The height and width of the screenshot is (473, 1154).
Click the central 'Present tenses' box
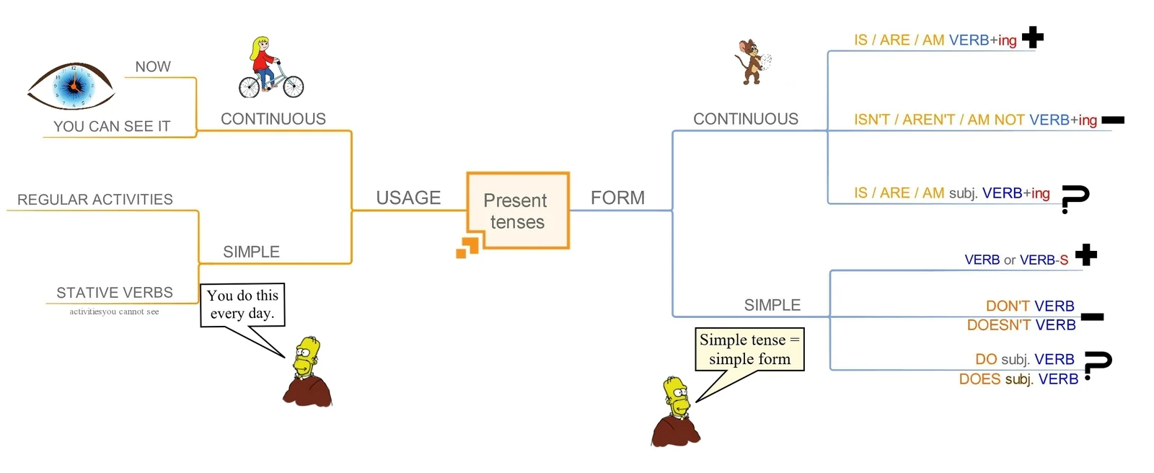point(517,211)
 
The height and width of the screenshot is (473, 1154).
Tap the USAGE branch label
point(408,198)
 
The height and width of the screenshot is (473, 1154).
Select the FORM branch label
point(617,198)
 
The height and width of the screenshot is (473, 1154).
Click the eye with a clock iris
point(71,86)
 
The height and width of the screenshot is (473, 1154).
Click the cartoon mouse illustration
point(751,63)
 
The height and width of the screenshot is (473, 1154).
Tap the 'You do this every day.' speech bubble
point(242,305)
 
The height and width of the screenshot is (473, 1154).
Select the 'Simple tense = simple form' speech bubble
point(749,350)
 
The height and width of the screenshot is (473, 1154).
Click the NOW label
point(153,67)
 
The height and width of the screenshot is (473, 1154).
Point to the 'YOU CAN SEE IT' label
point(112,126)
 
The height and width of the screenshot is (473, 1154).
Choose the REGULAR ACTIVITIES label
point(95,200)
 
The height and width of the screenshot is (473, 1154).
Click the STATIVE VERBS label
point(115,293)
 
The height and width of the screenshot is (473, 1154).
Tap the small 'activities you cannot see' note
point(114,311)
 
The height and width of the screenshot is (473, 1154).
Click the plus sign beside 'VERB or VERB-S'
point(1085,255)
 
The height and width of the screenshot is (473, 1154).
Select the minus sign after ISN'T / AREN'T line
point(1113,120)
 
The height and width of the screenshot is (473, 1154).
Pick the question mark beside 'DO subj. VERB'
point(1097,364)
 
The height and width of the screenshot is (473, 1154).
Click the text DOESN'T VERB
point(1021,325)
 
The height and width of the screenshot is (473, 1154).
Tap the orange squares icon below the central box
point(467,247)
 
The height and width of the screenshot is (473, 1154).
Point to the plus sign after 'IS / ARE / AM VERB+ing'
point(1033,37)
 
